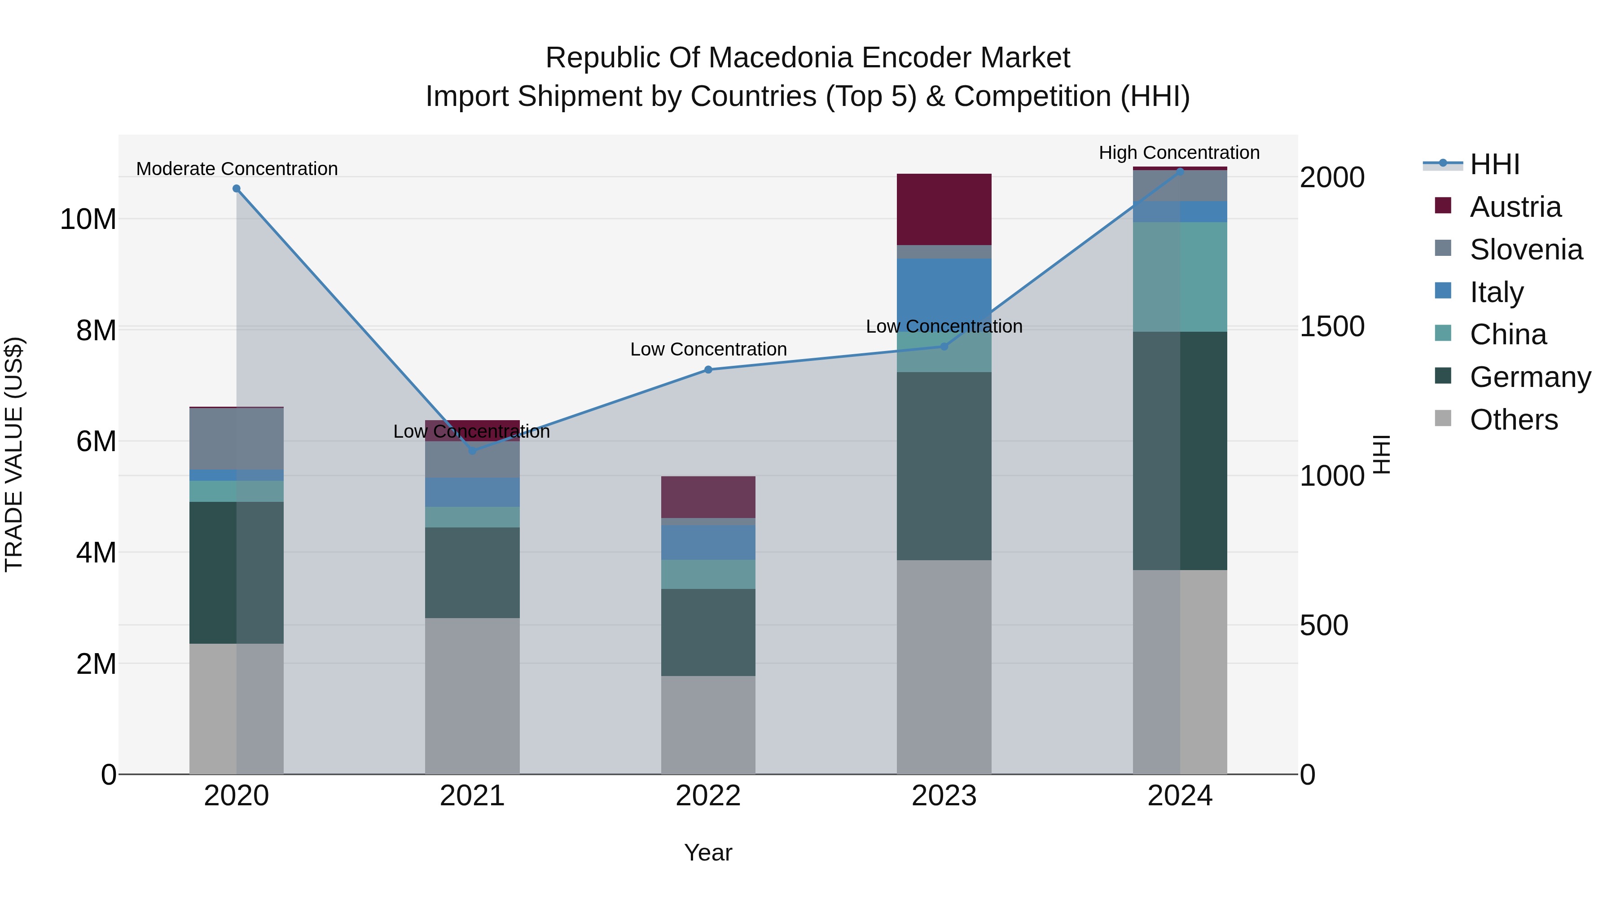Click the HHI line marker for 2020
237,188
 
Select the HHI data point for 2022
708,369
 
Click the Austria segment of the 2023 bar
944,209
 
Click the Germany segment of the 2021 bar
472,572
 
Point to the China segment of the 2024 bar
1180,277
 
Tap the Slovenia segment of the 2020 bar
237,438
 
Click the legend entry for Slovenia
1526,250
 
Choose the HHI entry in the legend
1494,164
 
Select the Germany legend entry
1529,377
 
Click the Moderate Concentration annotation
237,169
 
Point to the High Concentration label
1179,153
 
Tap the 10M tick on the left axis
88,220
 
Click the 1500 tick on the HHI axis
1331,326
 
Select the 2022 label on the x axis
708,796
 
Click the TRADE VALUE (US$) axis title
14,454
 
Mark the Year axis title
708,852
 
